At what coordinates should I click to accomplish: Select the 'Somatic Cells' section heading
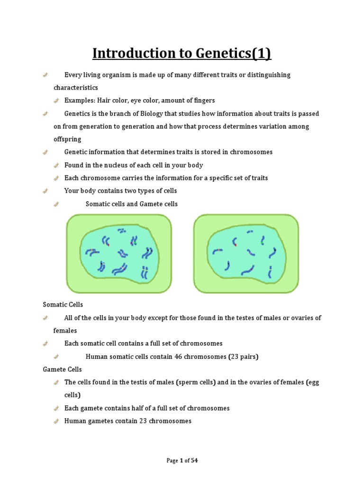coord(63,304)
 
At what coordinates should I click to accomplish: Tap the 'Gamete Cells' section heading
coord(62,369)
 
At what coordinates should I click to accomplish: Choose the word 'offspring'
coord(67,140)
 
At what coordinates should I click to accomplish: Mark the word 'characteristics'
coord(76,88)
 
